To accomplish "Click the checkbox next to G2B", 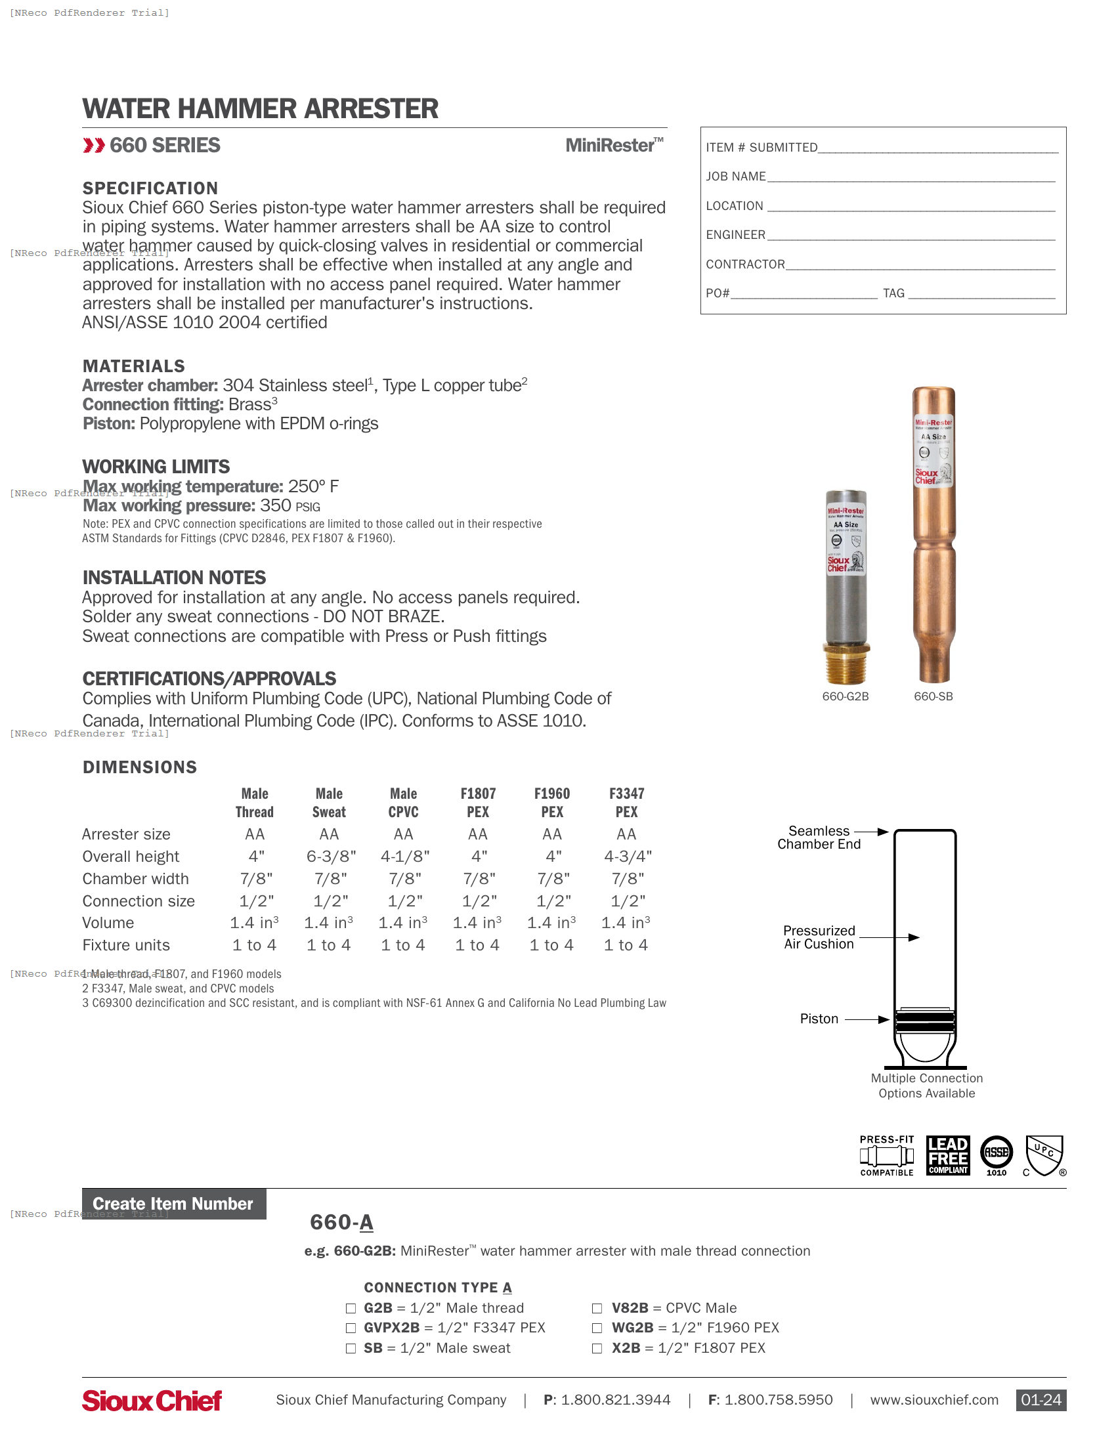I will coord(351,1307).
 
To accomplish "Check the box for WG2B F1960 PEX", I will coord(597,1328).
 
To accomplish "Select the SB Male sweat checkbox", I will coord(351,1348).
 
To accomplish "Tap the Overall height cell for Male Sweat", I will coord(331,856).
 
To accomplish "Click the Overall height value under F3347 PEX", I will coord(627,856).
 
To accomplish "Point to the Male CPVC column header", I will coord(403,802).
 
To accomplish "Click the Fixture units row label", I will coord(125,945).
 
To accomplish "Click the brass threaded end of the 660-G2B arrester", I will coord(846,664).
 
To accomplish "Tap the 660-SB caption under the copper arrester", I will coord(933,696).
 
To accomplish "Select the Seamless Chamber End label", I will coord(819,837).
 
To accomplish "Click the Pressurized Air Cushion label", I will coord(819,937).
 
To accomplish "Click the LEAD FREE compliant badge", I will coord(947,1155).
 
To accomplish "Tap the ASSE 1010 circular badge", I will coord(996,1154).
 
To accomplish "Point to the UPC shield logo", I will coord(1044,1155).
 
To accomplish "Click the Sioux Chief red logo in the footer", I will coord(152,1401).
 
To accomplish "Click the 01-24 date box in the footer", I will coord(1041,1400).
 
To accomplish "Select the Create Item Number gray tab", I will coord(173,1203).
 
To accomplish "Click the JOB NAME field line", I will coord(911,177).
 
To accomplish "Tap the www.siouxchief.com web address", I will coord(934,1400).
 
